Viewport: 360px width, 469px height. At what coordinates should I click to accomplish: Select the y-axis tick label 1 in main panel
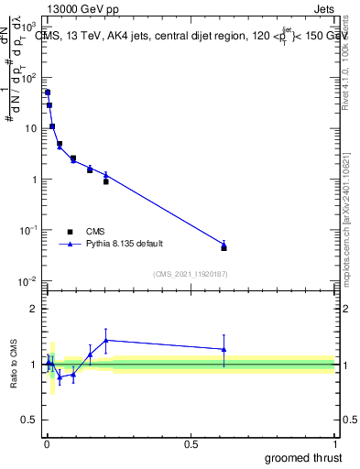pos(34,180)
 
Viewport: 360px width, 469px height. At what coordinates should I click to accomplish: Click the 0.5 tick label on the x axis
pos(191,443)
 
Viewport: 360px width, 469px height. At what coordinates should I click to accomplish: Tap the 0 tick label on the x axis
pos(46,443)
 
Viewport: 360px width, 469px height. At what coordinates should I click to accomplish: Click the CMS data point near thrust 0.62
pos(224,248)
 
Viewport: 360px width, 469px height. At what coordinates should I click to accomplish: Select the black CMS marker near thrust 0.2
pos(106,181)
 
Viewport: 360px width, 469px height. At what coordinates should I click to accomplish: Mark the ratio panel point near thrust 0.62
pos(224,349)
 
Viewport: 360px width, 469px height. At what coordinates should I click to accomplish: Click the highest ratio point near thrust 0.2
pos(106,340)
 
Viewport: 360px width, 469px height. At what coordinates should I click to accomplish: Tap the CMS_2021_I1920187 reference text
pos(190,273)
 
